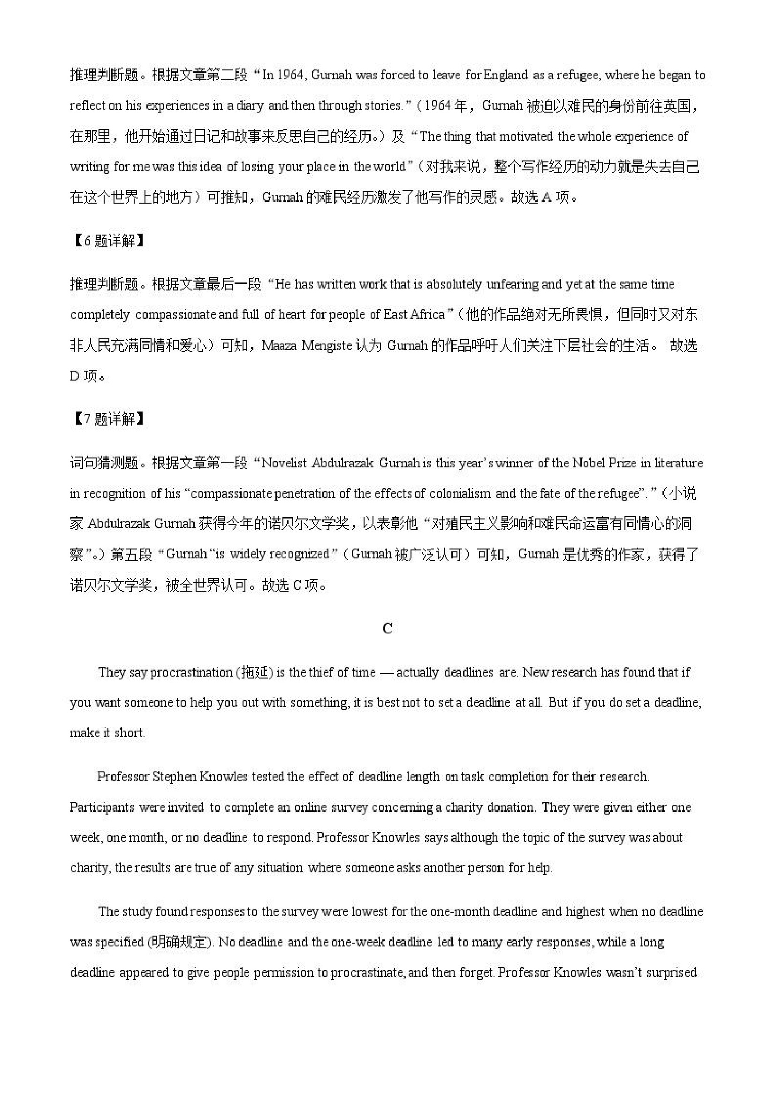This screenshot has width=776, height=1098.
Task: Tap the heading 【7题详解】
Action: pyautogui.click(x=108, y=419)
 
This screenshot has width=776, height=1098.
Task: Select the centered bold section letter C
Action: pyautogui.click(x=388, y=628)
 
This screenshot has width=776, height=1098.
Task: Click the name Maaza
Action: pyautogui.click(x=278, y=346)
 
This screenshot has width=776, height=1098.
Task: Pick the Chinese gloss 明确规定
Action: pyautogui.click(x=178, y=942)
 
